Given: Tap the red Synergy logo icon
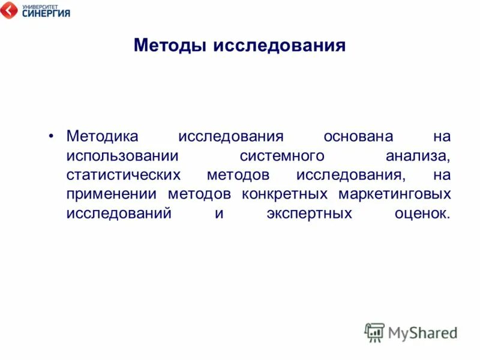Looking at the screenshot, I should tap(9, 10).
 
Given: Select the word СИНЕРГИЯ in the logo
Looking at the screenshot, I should tap(46, 13).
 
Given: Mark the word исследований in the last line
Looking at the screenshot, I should tap(119, 213).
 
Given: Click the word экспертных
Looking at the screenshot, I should tap(309, 213).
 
